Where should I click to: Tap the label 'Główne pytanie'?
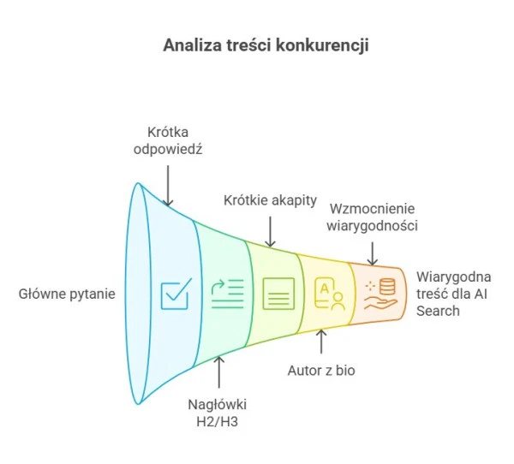click(x=67, y=294)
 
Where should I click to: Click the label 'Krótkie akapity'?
click(x=271, y=200)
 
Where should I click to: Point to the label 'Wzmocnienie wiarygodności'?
click(x=372, y=217)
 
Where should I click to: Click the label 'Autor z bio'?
click(x=321, y=371)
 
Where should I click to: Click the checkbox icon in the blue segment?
click(x=176, y=294)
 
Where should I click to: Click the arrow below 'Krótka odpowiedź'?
click(x=168, y=185)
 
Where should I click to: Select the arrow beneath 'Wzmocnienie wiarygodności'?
click(x=372, y=252)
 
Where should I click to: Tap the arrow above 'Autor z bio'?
click(x=321, y=342)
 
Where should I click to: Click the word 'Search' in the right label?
click(x=439, y=311)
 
